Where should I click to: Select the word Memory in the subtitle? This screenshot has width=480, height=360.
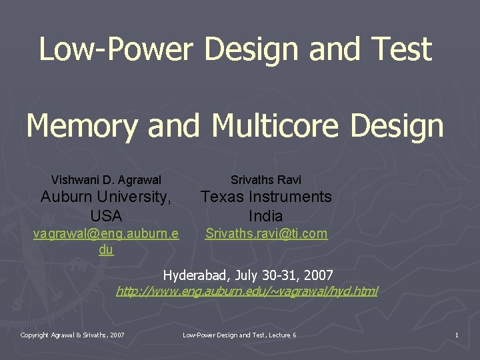(x=83, y=125)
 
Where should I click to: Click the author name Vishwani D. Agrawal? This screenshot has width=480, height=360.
(x=106, y=180)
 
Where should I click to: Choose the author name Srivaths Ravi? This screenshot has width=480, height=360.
(x=266, y=180)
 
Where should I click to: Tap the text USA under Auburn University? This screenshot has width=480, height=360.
(x=106, y=216)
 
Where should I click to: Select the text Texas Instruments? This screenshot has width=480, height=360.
(x=266, y=197)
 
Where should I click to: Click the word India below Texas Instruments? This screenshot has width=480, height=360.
(x=266, y=216)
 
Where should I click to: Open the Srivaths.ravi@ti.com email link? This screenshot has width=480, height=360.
(x=266, y=233)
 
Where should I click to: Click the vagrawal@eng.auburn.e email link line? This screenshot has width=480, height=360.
(x=106, y=233)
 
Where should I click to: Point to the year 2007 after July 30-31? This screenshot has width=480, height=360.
(x=319, y=275)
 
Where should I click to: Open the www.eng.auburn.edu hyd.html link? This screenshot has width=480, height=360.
(x=247, y=291)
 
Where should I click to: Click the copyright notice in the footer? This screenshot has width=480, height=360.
(x=72, y=335)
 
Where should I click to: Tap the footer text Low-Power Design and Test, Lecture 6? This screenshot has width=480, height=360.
(x=239, y=335)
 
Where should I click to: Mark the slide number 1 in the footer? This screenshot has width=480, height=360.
(x=457, y=335)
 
